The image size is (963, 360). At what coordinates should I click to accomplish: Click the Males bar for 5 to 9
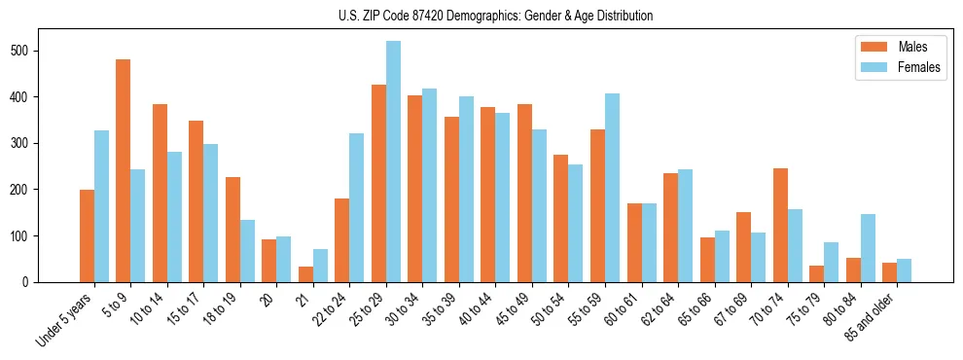[124, 170]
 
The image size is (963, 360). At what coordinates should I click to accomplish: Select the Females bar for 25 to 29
[393, 162]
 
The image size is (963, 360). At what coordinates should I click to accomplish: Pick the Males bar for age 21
[305, 274]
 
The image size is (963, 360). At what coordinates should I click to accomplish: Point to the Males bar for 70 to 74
[780, 225]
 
